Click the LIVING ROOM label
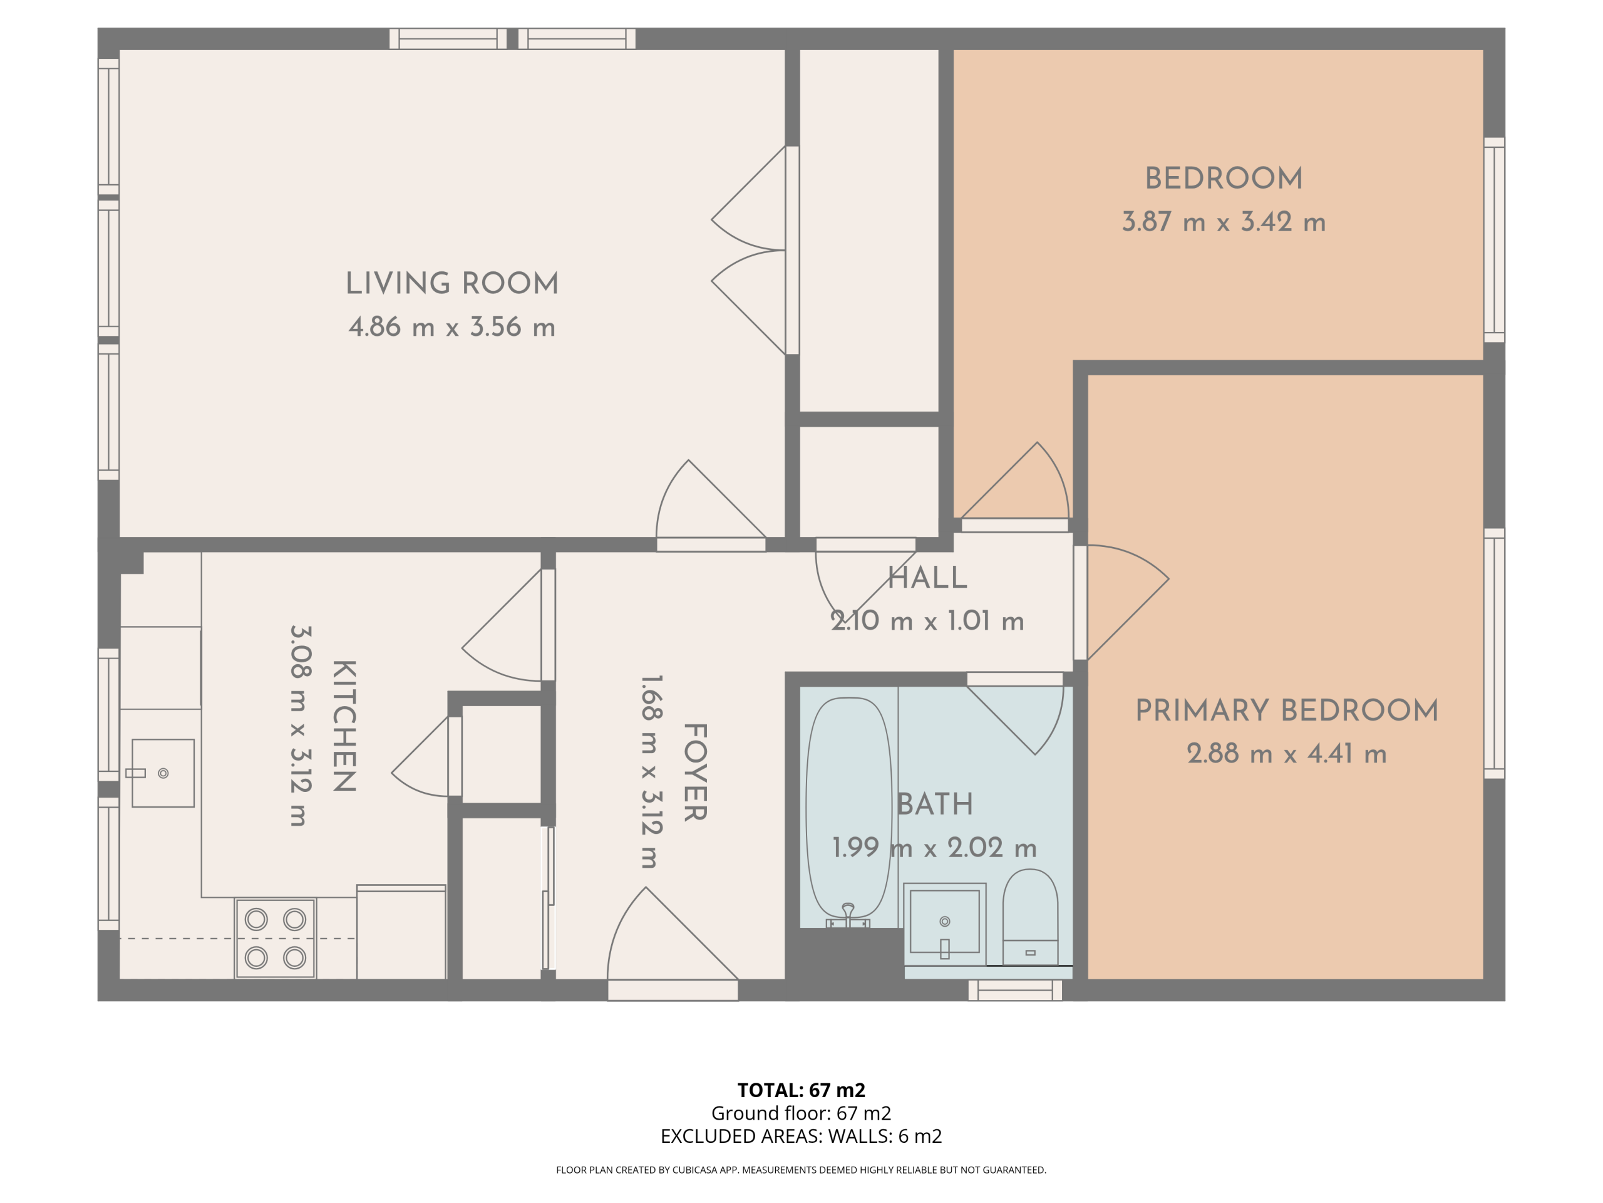coord(452,284)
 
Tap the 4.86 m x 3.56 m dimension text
coord(452,327)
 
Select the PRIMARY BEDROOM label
coord(1287,711)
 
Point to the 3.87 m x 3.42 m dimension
coord(1224,222)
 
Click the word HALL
coord(927,578)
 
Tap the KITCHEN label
coord(344,726)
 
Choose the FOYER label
coord(695,773)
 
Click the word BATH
coord(935,804)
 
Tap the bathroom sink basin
coord(944,922)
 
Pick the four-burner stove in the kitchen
coord(275,939)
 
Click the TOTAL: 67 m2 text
coord(801,1090)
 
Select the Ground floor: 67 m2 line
coord(801,1113)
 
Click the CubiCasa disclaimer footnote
coord(801,1170)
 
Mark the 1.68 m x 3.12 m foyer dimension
coord(650,773)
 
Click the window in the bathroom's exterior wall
coord(1015,991)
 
